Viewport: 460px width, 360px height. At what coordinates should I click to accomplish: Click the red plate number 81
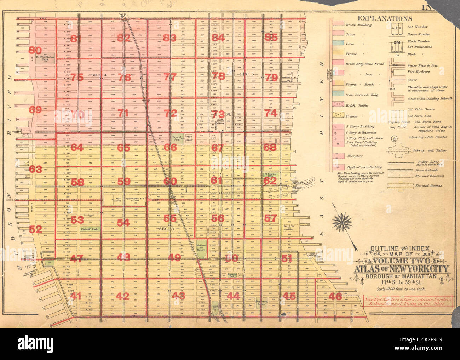(76, 39)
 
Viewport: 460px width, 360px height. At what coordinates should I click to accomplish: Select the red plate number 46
(334, 296)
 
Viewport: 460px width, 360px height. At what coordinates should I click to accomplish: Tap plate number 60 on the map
(170, 182)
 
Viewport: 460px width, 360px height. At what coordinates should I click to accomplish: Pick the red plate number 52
(35, 229)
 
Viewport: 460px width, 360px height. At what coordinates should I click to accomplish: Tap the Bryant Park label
(176, 138)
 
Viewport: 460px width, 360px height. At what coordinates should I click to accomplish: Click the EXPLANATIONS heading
(385, 19)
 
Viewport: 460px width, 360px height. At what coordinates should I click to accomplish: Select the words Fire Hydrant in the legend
(419, 72)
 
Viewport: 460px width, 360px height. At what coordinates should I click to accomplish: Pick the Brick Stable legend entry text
(357, 105)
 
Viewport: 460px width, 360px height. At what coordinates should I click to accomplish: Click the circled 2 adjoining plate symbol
(395, 138)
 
